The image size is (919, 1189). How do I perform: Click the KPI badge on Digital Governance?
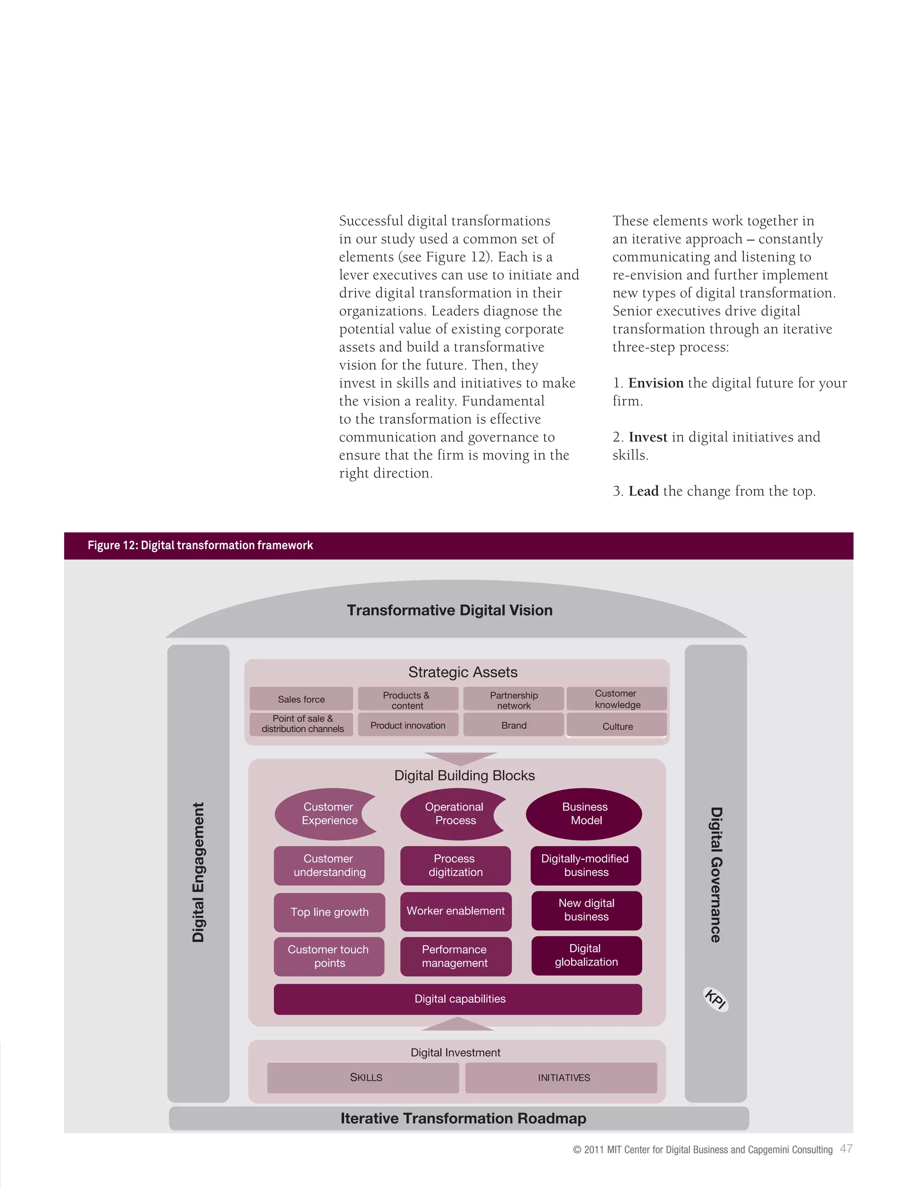coord(715,999)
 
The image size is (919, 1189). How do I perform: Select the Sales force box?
coord(301,699)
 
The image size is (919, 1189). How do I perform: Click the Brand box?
coord(513,725)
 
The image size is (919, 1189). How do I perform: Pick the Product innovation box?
coord(408,725)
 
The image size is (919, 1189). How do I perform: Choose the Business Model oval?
coord(584,814)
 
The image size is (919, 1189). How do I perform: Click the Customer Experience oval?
coord(325,814)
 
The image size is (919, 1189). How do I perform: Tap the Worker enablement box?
coord(456,911)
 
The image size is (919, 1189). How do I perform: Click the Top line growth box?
coord(329,912)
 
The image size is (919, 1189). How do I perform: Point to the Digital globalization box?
coord(586,955)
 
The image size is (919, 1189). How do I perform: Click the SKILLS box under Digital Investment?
coord(363,1077)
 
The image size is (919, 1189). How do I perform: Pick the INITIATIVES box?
coord(561,1077)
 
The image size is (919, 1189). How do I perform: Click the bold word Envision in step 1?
coord(656,383)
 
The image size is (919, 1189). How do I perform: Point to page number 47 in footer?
coord(846,1149)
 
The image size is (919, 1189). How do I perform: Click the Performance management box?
coord(456,957)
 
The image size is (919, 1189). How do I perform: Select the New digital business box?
coord(586,910)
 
